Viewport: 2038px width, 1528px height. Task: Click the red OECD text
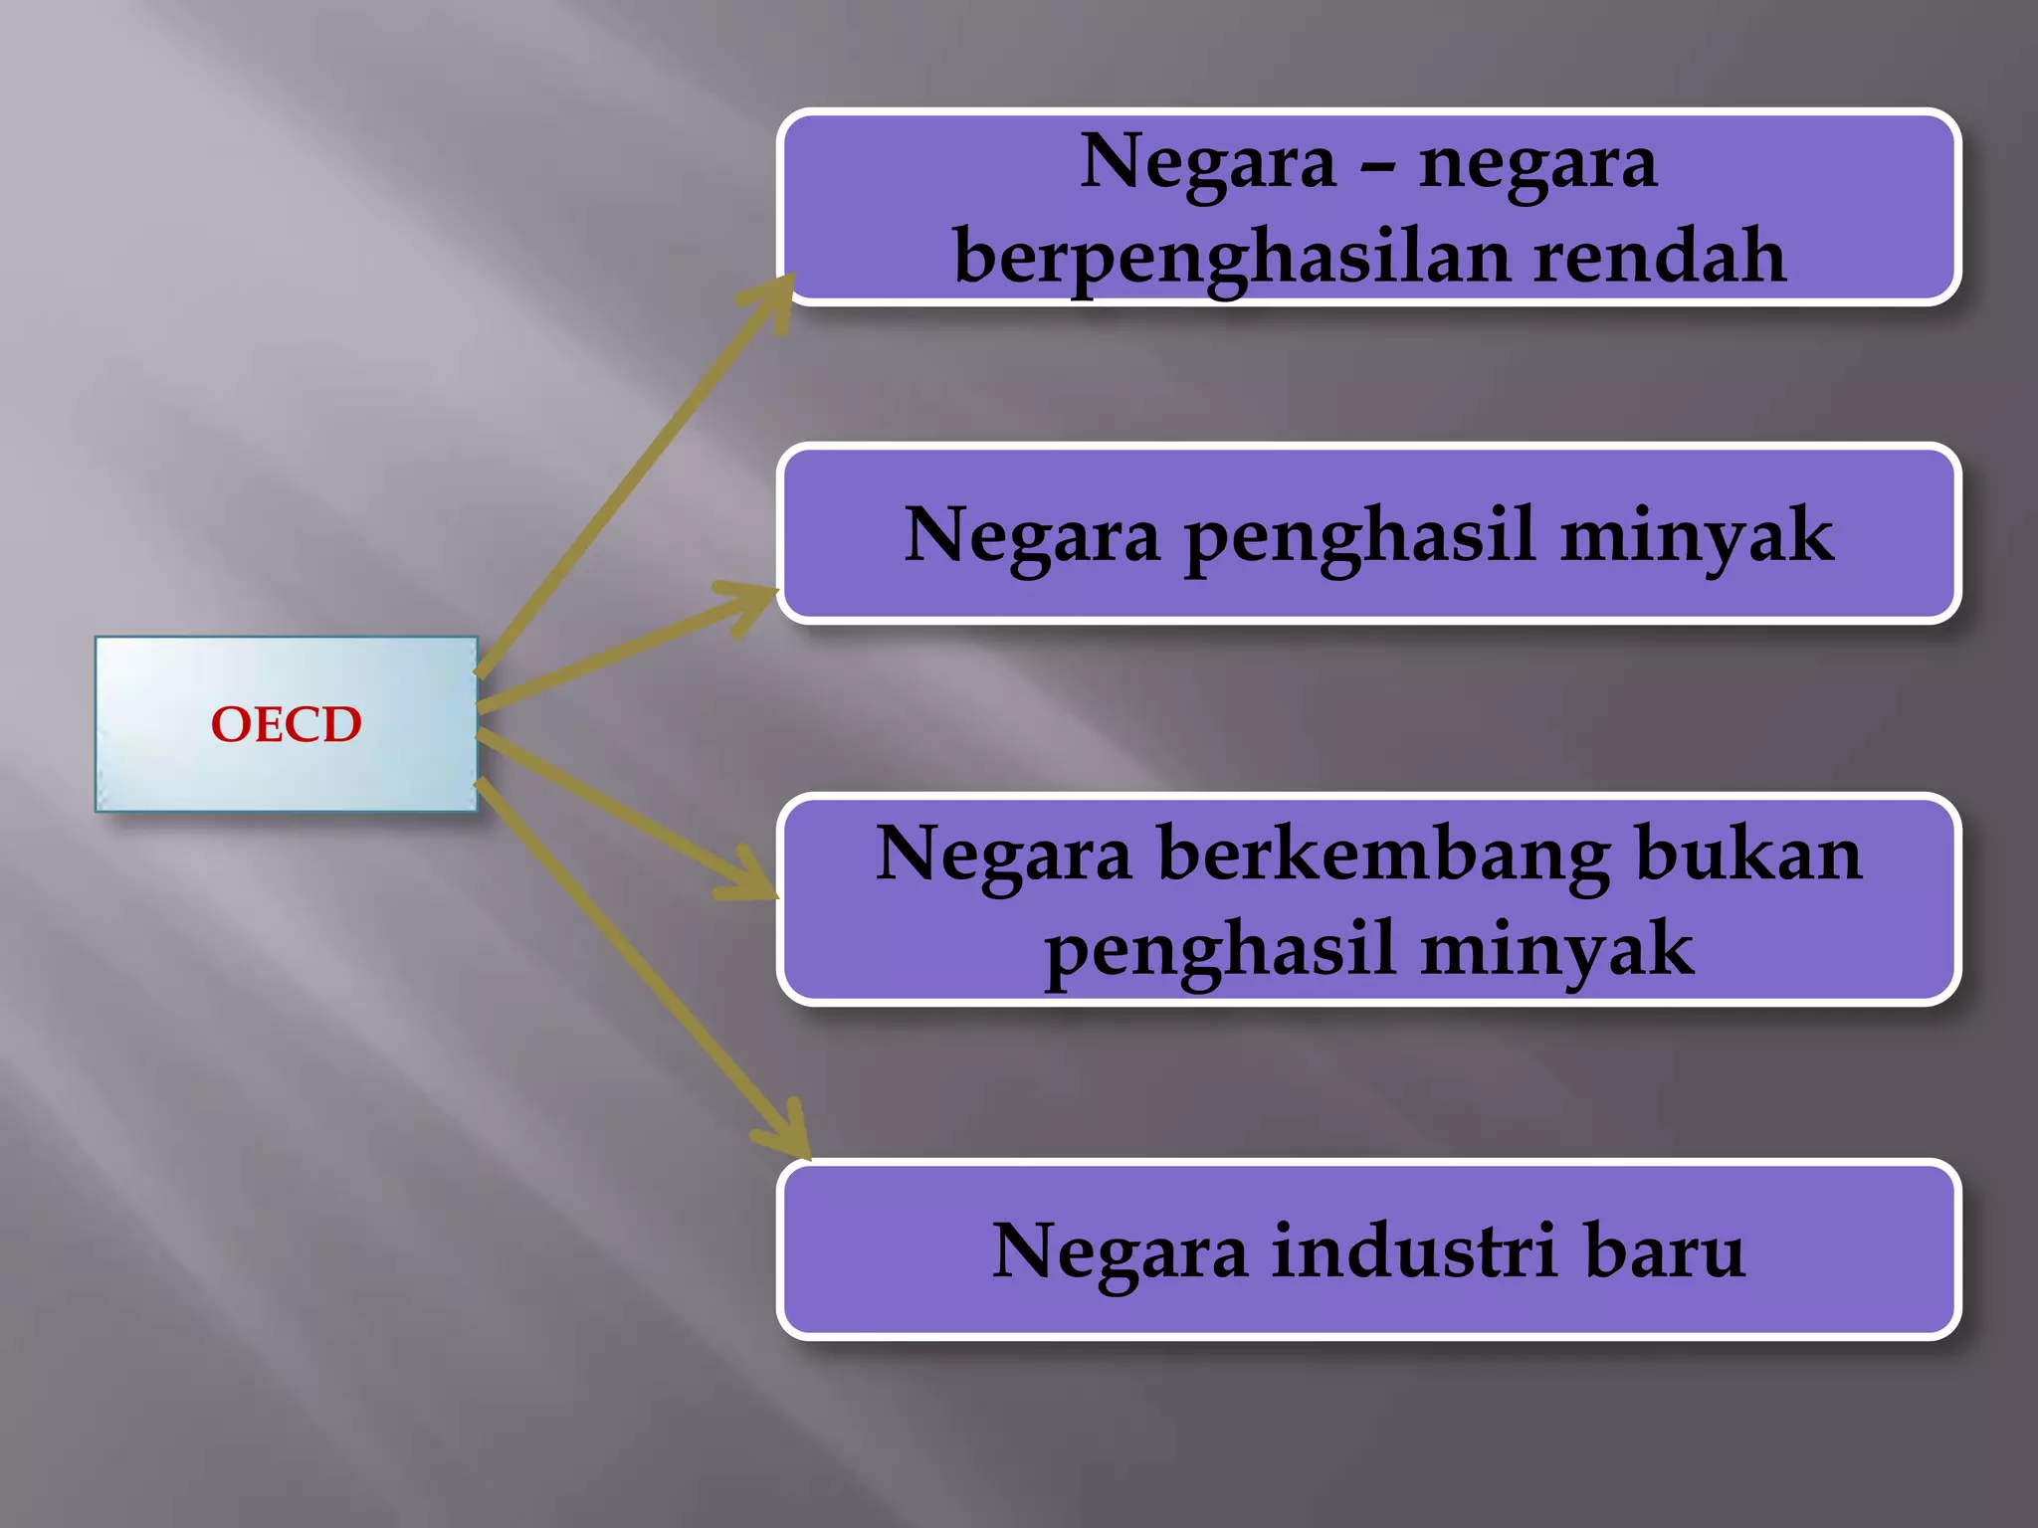(286, 724)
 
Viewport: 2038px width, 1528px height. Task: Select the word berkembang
(1383, 856)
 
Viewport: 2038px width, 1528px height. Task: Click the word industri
(1414, 1250)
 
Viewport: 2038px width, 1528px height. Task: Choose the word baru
(1665, 1250)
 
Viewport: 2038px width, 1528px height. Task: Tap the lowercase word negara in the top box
(1538, 165)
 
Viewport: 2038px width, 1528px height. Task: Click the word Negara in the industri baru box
(1120, 1250)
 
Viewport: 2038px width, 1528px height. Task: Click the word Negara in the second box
(1032, 535)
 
